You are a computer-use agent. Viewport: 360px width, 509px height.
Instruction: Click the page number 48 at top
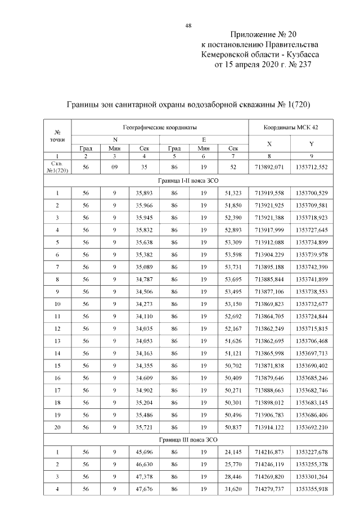pos(188,25)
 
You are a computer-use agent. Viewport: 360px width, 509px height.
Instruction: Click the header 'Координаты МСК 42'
pos(290,128)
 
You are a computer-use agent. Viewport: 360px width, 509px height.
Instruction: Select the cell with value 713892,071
pos(269,168)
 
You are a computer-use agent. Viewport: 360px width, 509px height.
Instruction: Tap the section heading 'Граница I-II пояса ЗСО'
pos(188,182)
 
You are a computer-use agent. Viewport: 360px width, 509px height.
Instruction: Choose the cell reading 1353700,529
pos(311,193)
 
